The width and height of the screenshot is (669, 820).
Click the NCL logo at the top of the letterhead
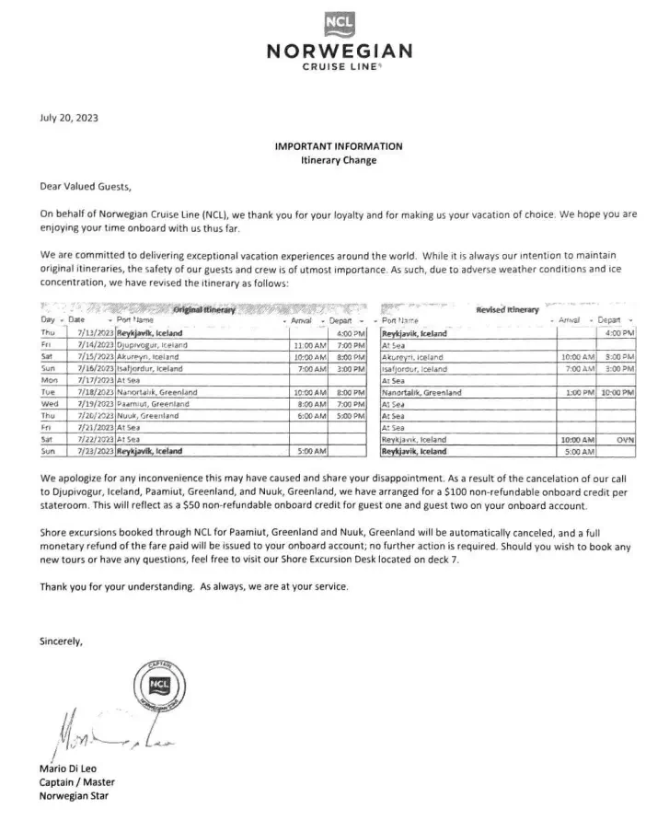[x=338, y=24]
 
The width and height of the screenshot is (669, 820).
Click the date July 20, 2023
[x=69, y=117]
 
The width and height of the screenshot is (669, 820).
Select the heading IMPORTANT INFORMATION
[x=338, y=146]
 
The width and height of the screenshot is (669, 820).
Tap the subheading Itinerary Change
[x=338, y=159]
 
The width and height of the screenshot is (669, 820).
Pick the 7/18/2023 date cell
[x=88, y=392]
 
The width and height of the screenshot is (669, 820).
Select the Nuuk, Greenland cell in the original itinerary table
[x=152, y=416]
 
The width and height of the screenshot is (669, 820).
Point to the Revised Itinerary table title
[x=507, y=310]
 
